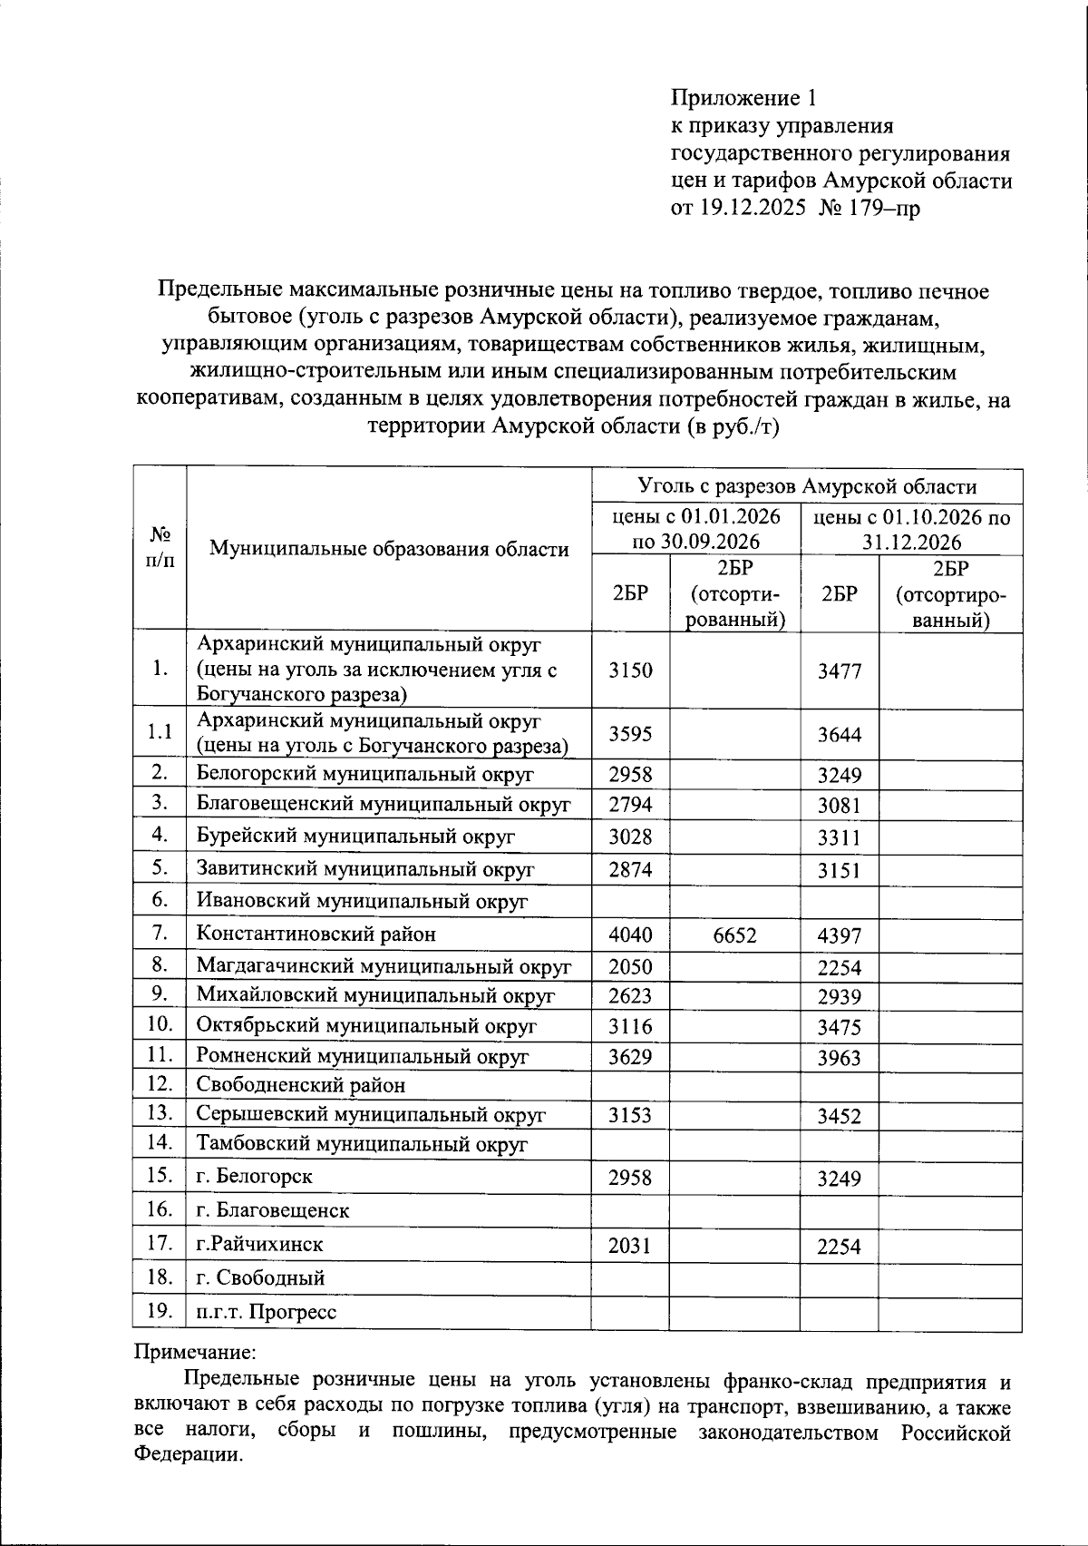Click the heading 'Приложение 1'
click(x=744, y=97)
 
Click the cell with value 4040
click(x=630, y=934)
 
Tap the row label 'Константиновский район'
click(x=316, y=934)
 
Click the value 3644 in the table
click(x=839, y=735)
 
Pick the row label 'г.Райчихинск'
click(x=260, y=1244)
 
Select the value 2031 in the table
click(x=630, y=1246)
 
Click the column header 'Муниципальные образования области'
click(x=389, y=549)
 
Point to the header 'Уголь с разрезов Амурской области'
click(x=807, y=486)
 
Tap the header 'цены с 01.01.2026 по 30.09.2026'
click(x=696, y=530)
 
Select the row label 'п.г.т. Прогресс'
click(x=267, y=1312)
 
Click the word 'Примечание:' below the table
click(x=195, y=1352)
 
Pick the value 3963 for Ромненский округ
click(x=839, y=1058)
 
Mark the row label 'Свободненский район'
click(x=301, y=1085)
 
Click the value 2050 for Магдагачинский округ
click(x=630, y=967)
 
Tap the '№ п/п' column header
click(x=160, y=548)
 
